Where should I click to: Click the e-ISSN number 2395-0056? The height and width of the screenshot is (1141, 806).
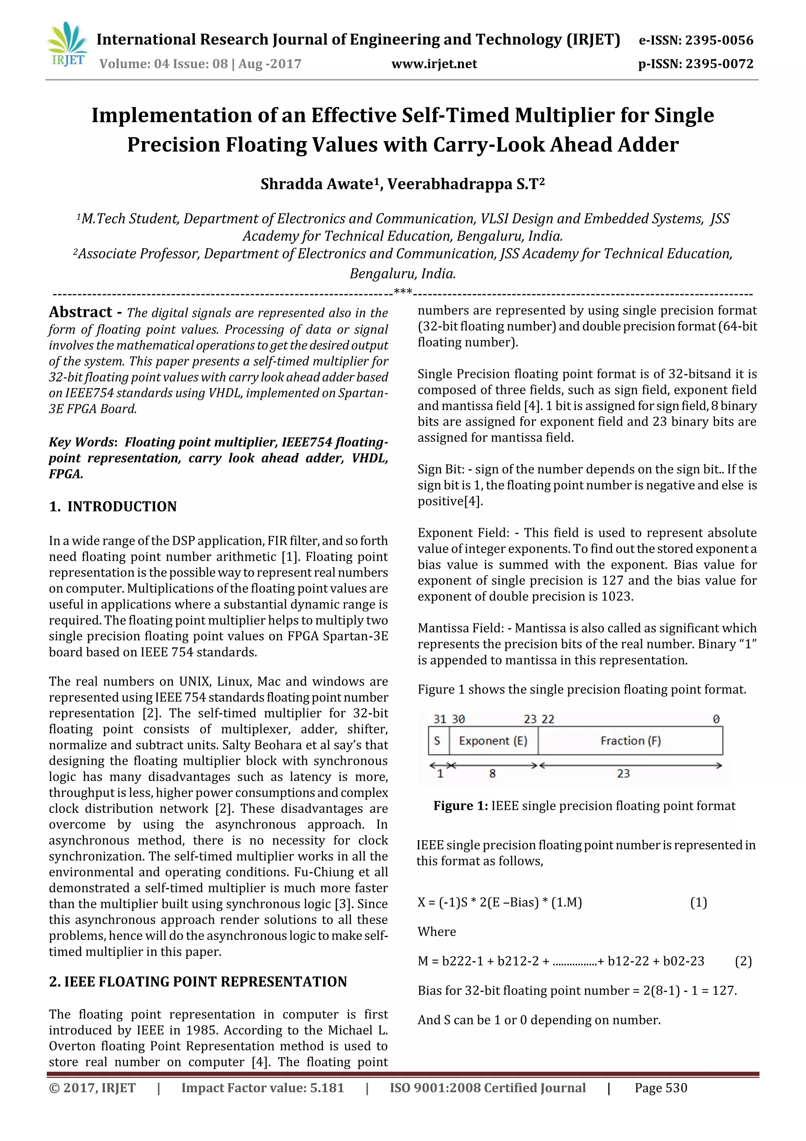[719, 40]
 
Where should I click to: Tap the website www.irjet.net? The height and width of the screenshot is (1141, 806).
[434, 64]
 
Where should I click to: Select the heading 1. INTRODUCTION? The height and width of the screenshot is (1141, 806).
[113, 506]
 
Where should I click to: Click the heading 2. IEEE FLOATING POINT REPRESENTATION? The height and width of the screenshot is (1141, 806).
[198, 982]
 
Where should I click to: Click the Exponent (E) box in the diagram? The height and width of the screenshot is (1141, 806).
[493, 741]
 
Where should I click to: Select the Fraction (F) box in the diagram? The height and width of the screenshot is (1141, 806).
[630, 741]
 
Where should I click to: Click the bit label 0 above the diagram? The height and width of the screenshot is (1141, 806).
[715, 719]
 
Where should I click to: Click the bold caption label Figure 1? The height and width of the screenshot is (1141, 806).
[460, 805]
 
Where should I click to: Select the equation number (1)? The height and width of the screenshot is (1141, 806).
[698, 902]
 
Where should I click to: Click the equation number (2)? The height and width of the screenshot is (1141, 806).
[743, 961]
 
